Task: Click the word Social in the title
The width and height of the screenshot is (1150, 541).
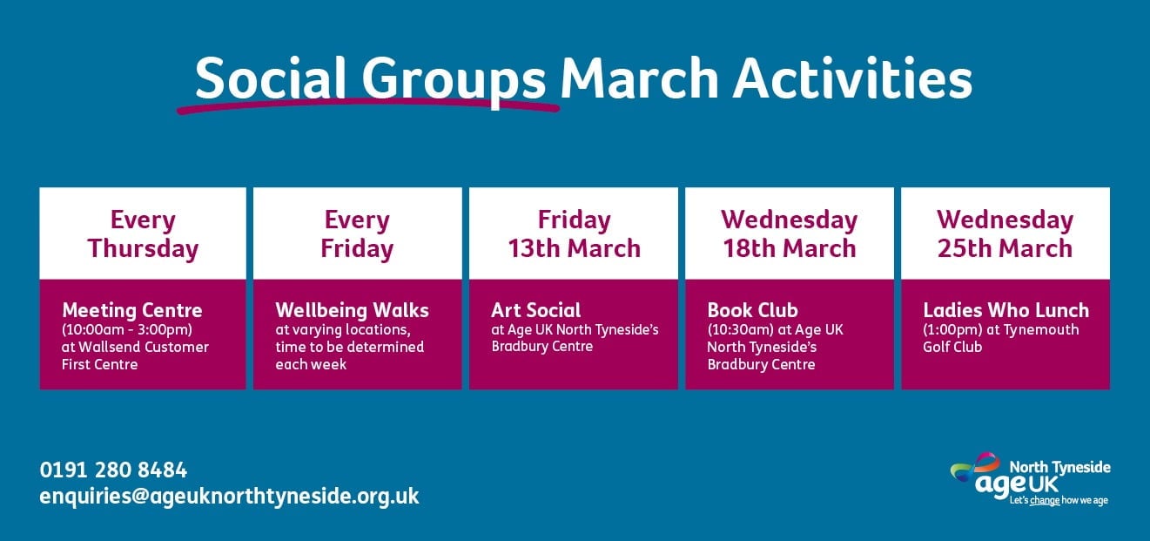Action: click(270, 78)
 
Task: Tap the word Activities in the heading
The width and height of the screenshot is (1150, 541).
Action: click(853, 78)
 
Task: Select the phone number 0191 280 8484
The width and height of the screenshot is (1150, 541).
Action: click(113, 470)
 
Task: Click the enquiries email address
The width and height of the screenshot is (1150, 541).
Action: click(230, 497)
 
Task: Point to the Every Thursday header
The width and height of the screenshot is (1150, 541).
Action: click(143, 235)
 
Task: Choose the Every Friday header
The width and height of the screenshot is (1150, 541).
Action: click(357, 235)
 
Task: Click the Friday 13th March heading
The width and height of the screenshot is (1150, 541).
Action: click(574, 234)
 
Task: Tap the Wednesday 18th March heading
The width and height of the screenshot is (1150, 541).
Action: click(790, 234)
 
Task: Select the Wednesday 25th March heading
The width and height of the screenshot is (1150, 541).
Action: click(1005, 234)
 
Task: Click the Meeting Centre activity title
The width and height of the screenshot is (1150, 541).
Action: click(132, 310)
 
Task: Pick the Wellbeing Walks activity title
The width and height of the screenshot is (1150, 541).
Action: click(352, 310)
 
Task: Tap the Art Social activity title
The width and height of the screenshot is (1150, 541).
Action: click(535, 310)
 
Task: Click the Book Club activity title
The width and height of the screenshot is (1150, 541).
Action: click(753, 310)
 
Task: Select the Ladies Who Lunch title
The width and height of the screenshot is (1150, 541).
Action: click(1005, 310)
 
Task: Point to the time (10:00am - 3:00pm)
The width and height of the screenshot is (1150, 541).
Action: click(127, 330)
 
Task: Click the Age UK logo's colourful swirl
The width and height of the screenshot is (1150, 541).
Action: click(975, 466)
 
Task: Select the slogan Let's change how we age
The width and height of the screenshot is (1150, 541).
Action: click(1059, 500)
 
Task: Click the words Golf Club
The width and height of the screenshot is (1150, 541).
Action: click(952, 347)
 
